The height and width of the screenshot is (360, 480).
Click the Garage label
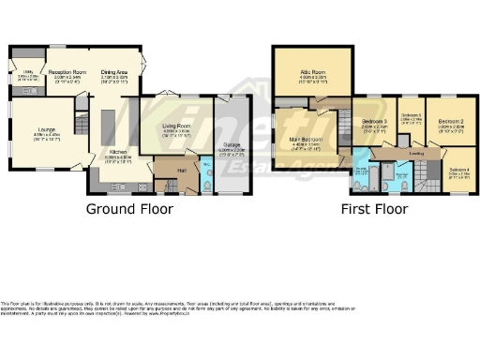(x=230, y=148)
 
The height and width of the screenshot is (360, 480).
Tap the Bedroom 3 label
(x=376, y=122)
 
